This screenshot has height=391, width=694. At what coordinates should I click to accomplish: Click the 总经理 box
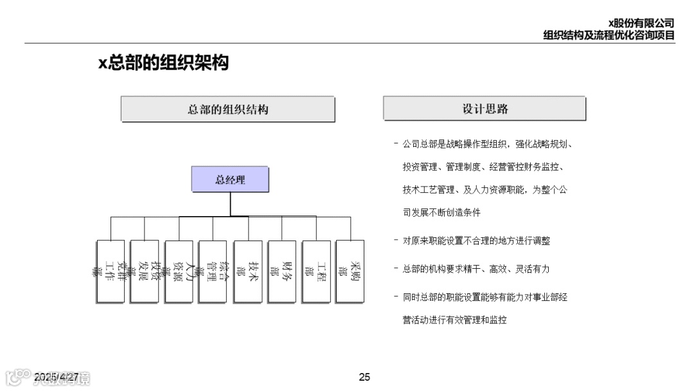(230, 179)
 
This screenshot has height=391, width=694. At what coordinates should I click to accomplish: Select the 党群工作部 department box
(110, 271)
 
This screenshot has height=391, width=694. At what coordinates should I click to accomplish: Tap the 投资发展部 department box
(144, 271)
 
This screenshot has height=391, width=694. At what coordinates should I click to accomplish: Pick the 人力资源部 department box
(179, 271)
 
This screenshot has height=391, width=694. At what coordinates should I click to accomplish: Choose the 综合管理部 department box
(213, 271)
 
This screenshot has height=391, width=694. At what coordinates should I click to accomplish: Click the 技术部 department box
(247, 271)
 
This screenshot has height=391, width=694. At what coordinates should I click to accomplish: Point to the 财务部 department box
(281, 271)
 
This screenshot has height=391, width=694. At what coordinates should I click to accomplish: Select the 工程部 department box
(316, 271)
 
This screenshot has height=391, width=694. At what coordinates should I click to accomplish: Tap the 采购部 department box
(350, 271)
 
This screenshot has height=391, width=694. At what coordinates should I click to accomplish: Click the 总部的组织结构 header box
(228, 109)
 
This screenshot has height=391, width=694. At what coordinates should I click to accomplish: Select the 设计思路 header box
(485, 109)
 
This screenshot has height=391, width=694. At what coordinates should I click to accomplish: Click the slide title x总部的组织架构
(163, 63)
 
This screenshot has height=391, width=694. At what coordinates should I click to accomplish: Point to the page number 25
(364, 377)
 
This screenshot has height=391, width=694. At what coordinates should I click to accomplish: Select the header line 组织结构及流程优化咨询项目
(609, 35)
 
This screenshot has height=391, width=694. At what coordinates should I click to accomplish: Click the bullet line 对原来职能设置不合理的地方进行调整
(476, 241)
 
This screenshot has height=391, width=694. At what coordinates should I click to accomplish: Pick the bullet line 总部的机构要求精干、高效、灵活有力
(476, 269)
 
